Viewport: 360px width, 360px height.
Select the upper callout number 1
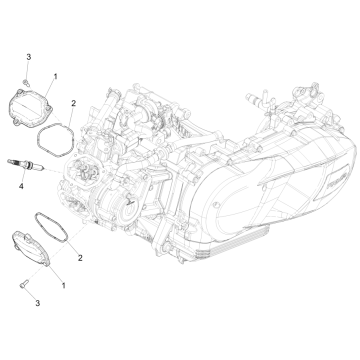point(55,76)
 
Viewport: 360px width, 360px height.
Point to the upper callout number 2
point(73,103)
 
